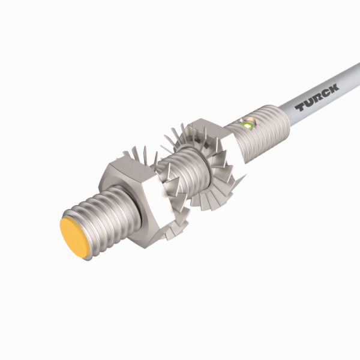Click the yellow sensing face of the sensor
click(x=77, y=237)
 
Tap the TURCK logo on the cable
click(x=317, y=97)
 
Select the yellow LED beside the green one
click(x=251, y=122)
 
